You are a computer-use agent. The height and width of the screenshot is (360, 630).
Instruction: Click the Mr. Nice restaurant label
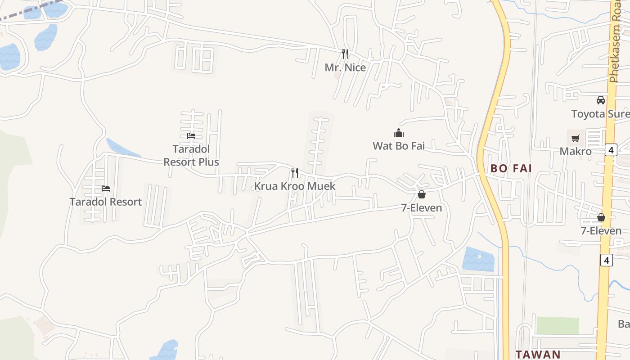click(345, 67)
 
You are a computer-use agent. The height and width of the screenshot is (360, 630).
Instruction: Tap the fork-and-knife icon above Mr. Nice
click(345, 54)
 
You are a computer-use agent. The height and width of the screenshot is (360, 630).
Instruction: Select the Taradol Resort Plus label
click(191, 155)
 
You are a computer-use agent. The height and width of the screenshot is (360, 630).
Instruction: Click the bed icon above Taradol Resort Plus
click(191, 135)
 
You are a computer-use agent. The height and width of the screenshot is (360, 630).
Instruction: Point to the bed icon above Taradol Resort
click(106, 188)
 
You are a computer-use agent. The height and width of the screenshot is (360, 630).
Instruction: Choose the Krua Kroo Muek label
click(295, 186)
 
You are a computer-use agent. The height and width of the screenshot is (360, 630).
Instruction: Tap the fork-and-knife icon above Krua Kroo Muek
click(295, 172)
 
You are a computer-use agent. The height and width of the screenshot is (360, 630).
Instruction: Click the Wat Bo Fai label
click(399, 146)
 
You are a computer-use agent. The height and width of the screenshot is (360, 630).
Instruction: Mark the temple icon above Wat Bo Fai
click(399, 133)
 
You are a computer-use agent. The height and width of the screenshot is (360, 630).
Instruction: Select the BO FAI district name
click(511, 169)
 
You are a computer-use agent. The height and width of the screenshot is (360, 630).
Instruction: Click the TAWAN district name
click(538, 354)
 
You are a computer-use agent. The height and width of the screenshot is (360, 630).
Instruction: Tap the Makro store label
click(576, 151)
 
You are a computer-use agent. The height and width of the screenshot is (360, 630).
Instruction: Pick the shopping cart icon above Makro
click(576, 138)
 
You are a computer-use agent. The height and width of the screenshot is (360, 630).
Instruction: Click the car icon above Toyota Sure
click(601, 100)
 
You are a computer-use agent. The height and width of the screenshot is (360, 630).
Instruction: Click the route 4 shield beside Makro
click(611, 149)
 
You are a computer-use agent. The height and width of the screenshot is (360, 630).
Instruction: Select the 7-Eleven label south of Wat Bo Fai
click(422, 208)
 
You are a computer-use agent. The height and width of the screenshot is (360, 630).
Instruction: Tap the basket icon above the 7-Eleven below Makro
click(601, 218)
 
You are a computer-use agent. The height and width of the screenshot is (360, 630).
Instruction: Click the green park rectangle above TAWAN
click(558, 325)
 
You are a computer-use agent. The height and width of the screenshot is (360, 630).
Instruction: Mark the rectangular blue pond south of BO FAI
click(478, 259)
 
